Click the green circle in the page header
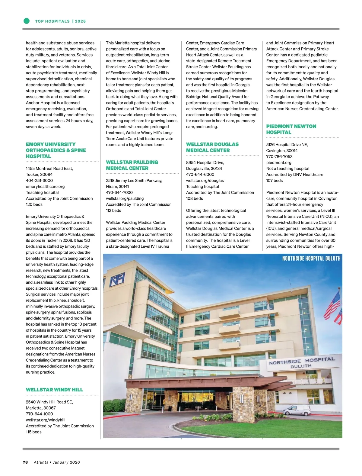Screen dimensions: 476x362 [x=27, y=21]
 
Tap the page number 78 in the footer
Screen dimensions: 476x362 [x=25, y=462]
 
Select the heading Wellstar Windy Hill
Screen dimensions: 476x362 [x=54, y=390]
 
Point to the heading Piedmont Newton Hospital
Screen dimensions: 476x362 [x=291, y=129]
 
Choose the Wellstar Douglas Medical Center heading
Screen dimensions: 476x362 [x=212, y=147]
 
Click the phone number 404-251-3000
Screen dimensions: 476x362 [x=39, y=180]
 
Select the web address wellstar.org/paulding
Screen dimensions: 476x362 [x=125, y=198]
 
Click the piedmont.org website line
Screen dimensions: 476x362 [x=279, y=162]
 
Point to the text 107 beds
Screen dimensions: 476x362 [x=275, y=180]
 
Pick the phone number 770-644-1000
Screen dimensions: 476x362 [x=39, y=414]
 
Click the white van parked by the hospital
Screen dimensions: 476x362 [x=297, y=410]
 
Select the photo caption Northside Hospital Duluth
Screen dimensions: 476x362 [x=311, y=258]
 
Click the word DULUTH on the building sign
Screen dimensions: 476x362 [x=301, y=366]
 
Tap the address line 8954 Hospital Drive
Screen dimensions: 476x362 [x=205, y=162]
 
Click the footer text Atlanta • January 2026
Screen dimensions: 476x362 [x=57, y=462]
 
